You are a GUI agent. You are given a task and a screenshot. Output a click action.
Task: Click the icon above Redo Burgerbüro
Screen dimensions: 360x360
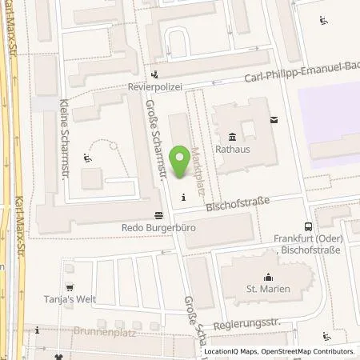158,214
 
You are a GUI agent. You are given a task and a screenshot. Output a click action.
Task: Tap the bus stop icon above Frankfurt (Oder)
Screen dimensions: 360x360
308,226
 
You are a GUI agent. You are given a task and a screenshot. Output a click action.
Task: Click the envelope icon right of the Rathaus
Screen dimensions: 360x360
274,120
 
